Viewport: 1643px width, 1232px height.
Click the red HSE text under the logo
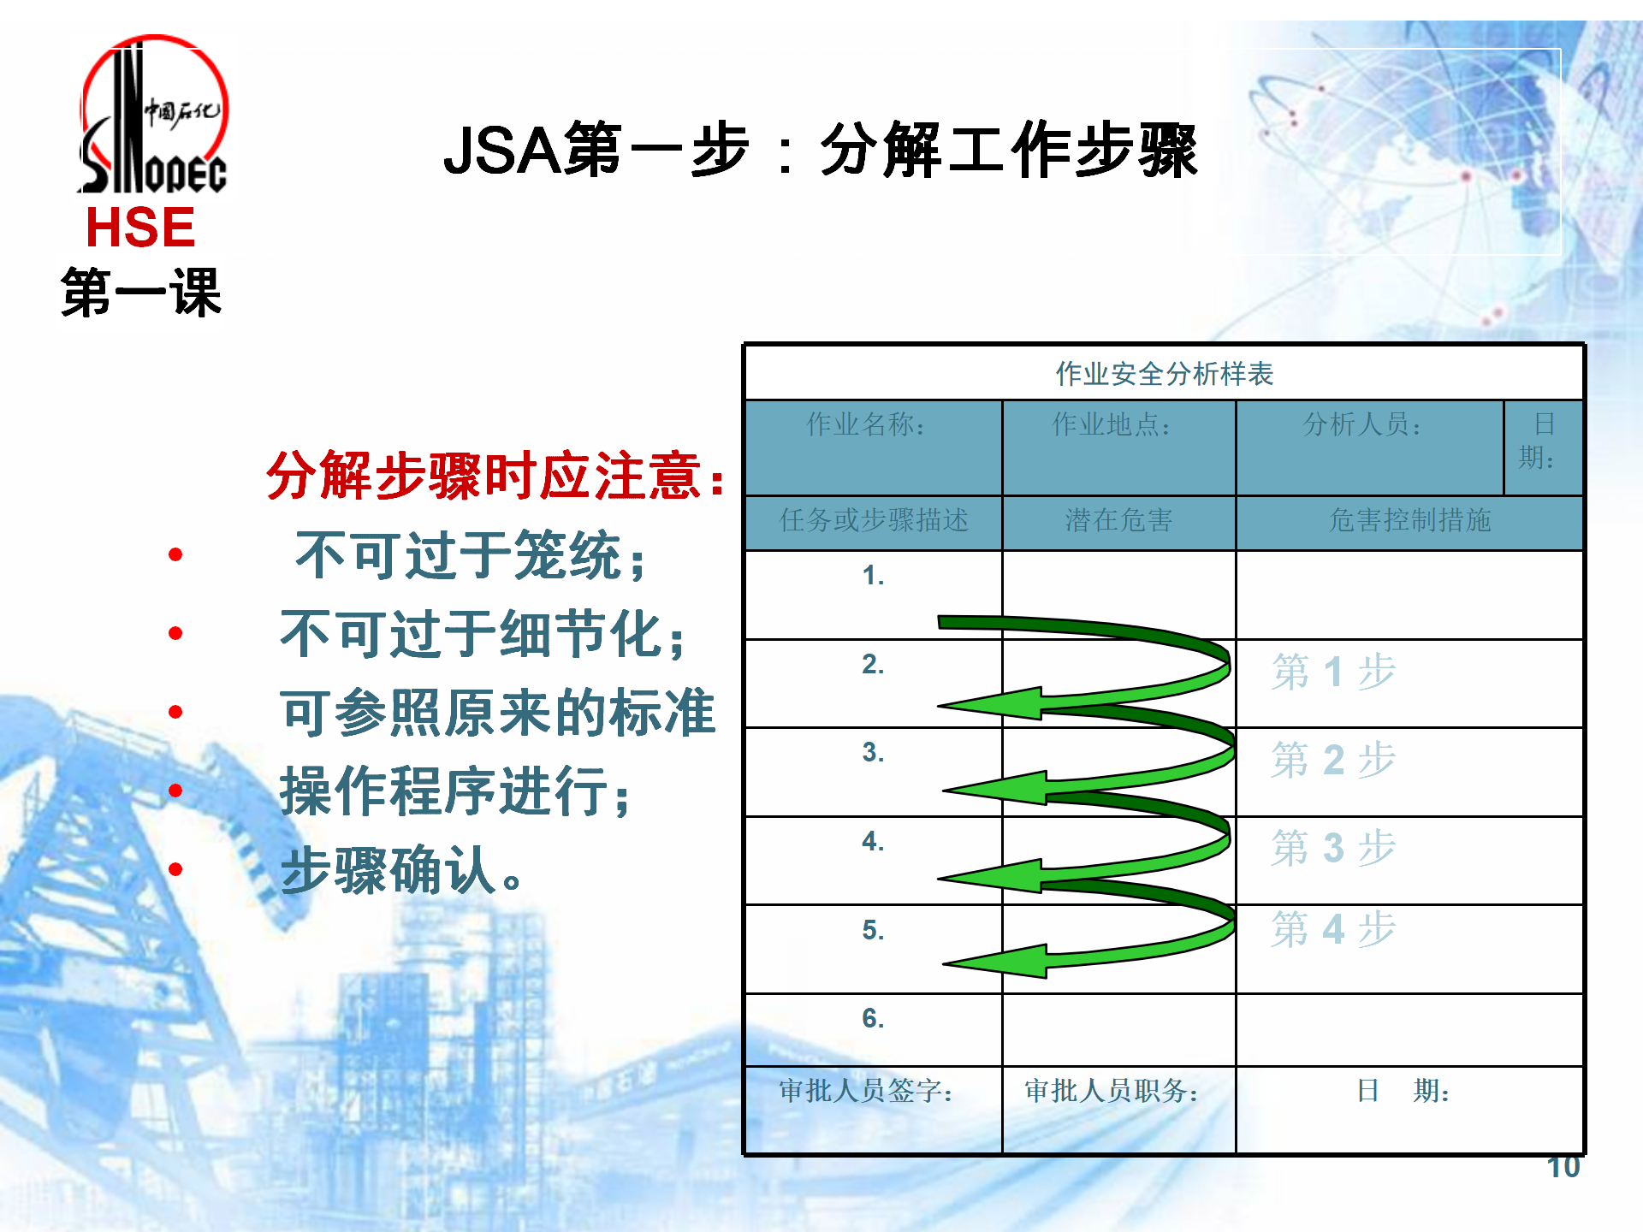(140, 228)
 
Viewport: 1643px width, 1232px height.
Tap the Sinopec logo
(153, 115)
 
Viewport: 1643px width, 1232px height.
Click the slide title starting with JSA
(820, 150)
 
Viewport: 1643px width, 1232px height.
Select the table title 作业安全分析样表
(1164, 374)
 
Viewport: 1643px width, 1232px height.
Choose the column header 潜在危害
(1118, 520)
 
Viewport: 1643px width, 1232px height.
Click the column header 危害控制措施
(1409, 520)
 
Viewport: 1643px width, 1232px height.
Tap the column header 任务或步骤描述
(874, 520)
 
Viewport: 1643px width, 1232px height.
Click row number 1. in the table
(873, 576)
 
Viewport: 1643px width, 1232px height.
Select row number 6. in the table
(873, 1018)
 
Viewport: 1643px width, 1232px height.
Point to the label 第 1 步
(1333, 672)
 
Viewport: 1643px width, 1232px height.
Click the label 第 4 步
(1333, 929)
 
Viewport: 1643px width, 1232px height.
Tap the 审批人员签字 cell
(866, 1091)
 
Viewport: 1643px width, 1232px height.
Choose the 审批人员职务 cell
(1112, 1091)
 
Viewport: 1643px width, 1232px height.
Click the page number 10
(1563, 1167)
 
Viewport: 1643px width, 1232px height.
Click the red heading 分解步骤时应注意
(495, 476)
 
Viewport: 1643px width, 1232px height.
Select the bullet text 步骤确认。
(401, 870)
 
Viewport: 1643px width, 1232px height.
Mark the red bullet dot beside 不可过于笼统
(175, 554)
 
